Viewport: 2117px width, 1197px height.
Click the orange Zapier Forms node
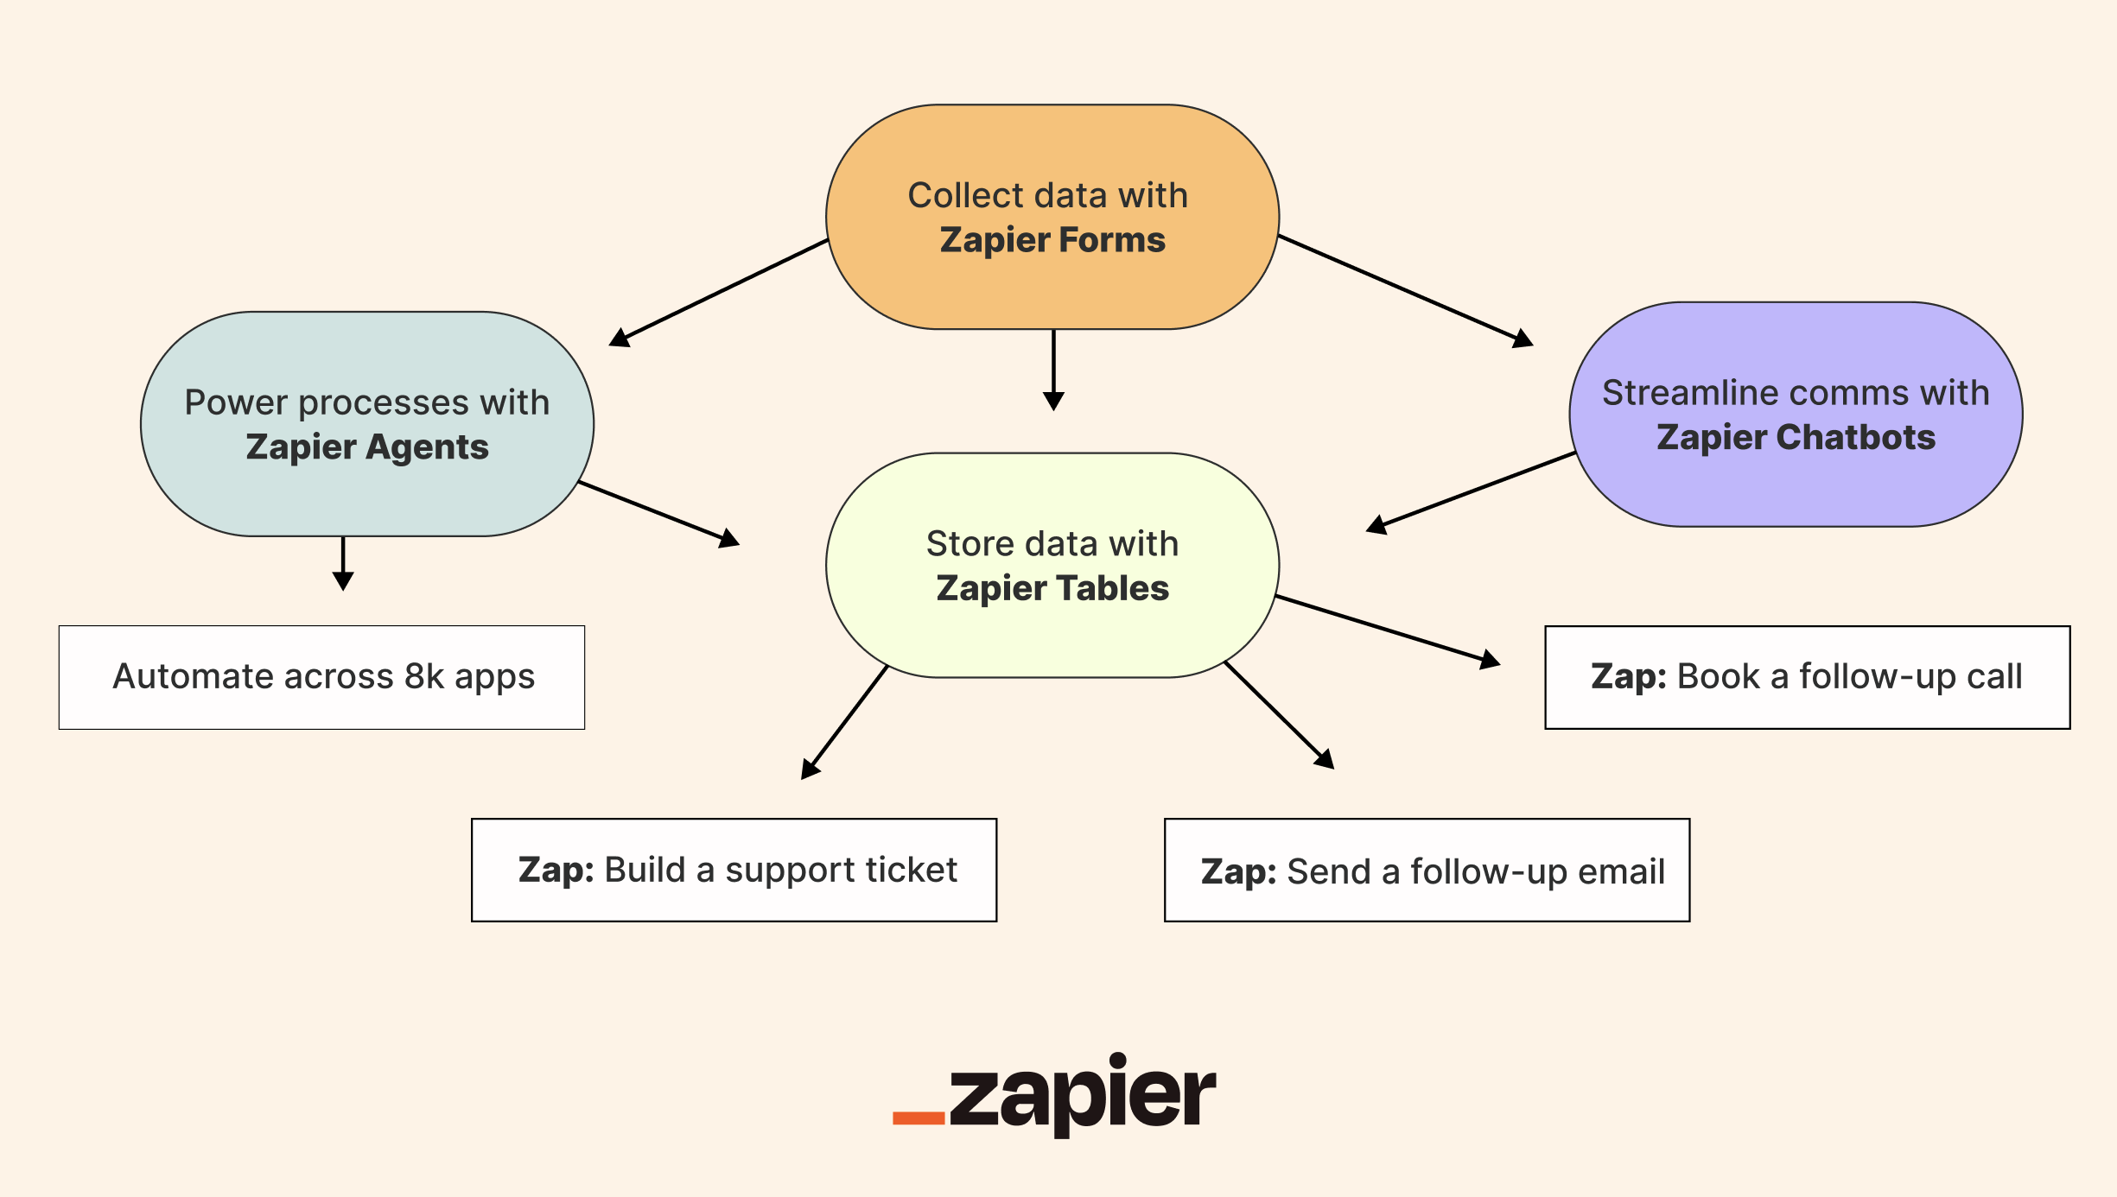1052,217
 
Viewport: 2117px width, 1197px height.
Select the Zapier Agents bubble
366,424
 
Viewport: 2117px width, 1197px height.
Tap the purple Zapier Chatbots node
1796,415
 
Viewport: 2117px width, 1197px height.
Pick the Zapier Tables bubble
1052,565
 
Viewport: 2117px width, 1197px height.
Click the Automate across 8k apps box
321,677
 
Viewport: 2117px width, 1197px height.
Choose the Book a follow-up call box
1807,677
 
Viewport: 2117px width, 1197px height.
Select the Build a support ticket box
734,870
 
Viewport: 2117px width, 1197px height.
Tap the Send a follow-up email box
1427,870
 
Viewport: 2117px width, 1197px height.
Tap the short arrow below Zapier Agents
343,563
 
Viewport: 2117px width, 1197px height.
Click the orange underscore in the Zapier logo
918,1118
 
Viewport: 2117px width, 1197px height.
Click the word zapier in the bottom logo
1082,1095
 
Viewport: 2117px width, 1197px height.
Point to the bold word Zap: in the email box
1238,871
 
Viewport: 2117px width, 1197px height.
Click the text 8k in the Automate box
423,676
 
